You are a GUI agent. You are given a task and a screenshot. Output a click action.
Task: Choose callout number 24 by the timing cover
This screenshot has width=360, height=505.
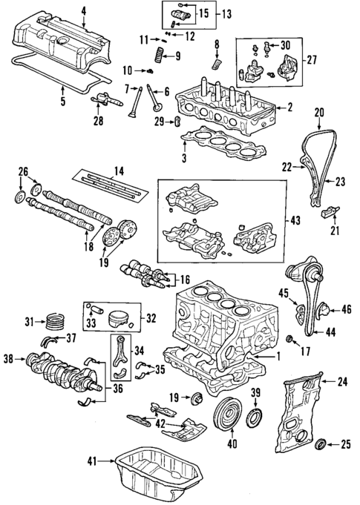342,383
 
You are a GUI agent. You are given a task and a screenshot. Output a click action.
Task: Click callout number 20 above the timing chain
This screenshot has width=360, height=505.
319,113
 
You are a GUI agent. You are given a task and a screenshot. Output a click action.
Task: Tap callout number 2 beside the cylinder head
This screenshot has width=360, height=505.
290,108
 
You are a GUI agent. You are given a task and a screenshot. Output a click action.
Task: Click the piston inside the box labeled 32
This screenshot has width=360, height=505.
119,320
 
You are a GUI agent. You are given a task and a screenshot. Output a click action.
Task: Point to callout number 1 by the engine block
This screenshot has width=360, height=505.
278,357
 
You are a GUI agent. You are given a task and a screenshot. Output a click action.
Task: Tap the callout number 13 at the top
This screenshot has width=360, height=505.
225,14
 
